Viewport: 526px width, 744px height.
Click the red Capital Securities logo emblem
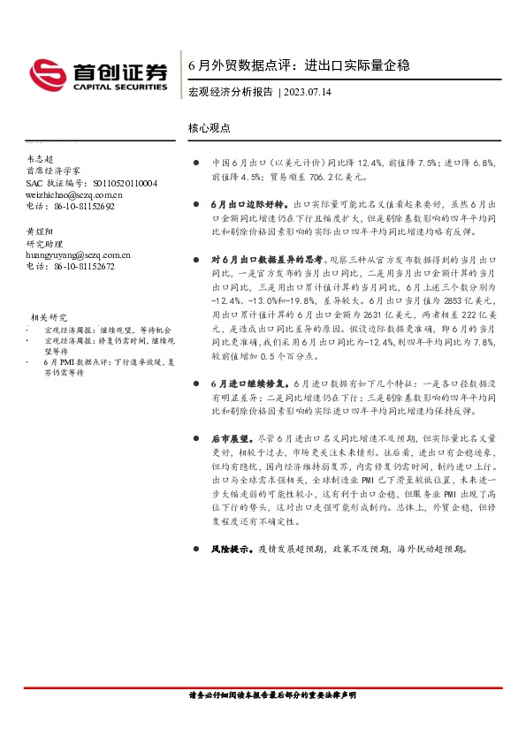click(45, 73)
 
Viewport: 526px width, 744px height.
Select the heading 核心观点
click(210, 127)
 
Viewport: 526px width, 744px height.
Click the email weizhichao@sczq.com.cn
click(74, 194)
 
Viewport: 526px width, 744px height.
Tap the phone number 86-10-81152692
click(83, 206)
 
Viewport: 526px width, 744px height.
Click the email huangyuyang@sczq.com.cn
click(78, 254)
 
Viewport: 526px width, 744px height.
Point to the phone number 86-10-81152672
click(83, 265)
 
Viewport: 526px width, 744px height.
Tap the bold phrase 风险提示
click(230, 549)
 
